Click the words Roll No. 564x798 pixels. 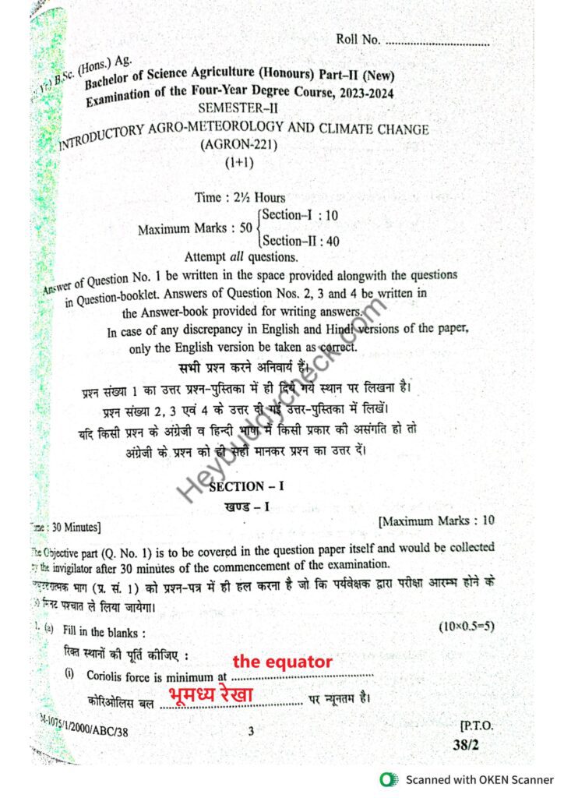point(358,39)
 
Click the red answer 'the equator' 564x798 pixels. point(282,662)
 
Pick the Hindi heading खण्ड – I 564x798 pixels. point(246,507)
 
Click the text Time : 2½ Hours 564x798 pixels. point(240,197)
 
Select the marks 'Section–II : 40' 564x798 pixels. point(301,242)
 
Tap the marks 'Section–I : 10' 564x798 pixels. point(300,215)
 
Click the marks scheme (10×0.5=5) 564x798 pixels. point(467,626)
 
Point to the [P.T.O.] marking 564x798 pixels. point(477,724)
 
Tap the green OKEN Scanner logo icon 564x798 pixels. point(387,779)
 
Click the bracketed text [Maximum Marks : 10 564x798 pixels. point(435,520)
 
